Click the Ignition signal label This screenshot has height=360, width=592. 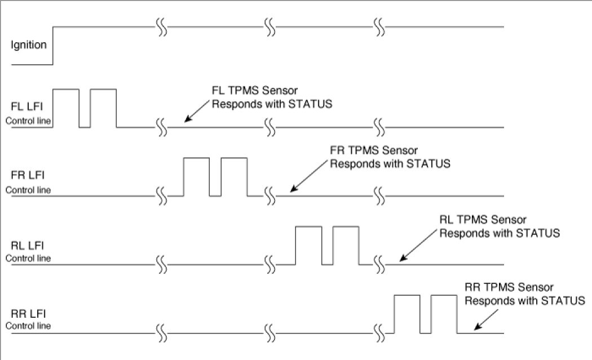click(x=28, y=44)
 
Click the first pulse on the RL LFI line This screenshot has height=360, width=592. click(x=308, y=246)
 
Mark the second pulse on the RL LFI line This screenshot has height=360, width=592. click(x=346, y=246)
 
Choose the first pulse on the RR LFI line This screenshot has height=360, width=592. click(x=407, y=314)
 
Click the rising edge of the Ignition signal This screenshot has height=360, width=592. click(x=53, y=45)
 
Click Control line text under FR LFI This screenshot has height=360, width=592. click(x=28, y=190)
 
